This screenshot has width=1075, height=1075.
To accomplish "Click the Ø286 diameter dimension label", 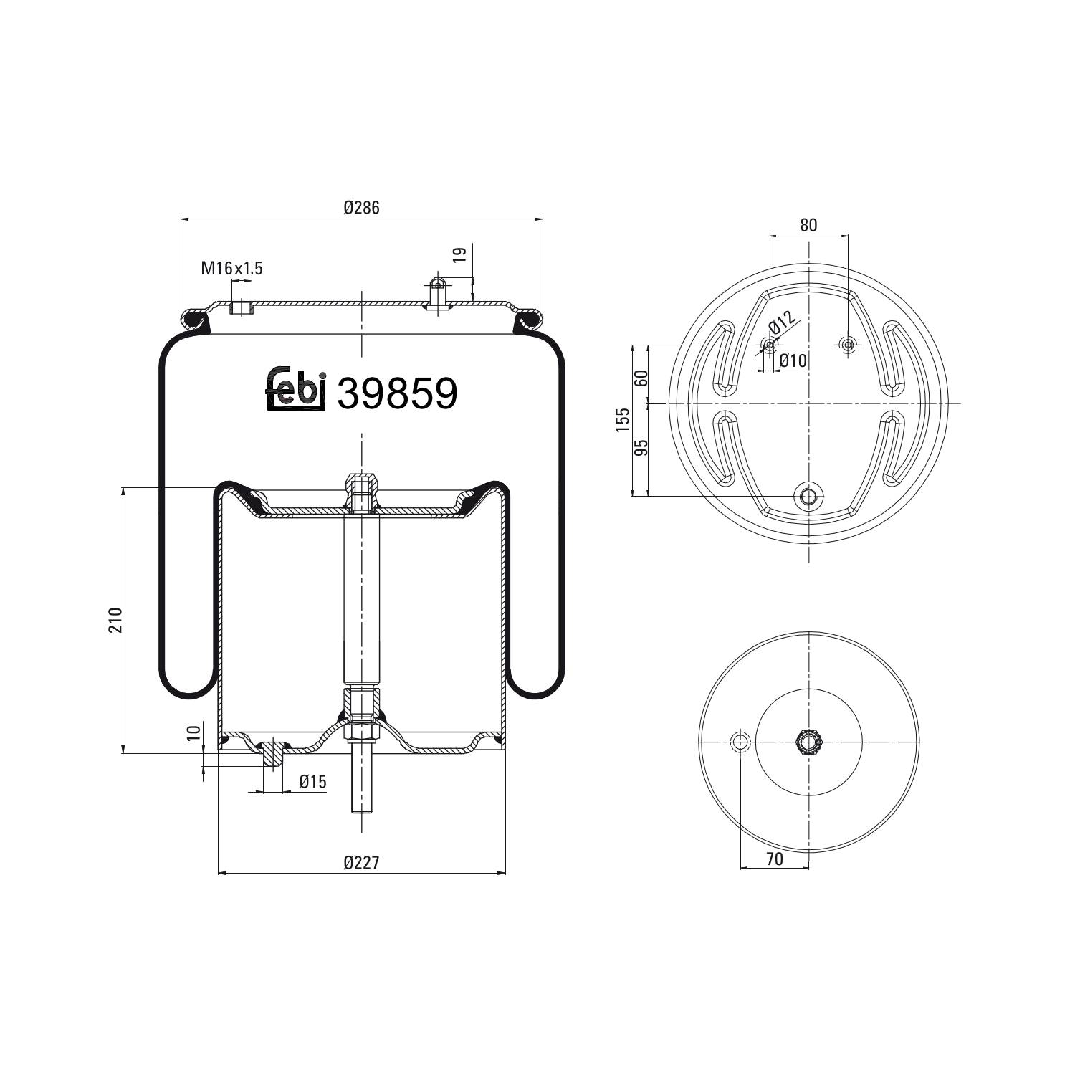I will (x=360, y=208).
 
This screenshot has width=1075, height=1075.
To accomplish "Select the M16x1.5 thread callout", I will (x=231, y=269).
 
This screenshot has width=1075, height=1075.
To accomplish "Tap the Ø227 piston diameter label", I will (x=360, y=862).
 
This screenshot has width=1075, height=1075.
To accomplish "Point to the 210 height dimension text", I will (x=116, y=620).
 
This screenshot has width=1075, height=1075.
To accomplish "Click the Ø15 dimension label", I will (x=312, y=782).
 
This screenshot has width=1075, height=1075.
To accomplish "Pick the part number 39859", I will (x=396, y=393).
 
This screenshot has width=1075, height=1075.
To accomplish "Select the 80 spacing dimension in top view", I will (x=808, y=225).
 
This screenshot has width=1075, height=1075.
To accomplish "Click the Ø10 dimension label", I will (x=793, y=361).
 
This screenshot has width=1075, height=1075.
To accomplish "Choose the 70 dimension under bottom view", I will (x=775, y=859).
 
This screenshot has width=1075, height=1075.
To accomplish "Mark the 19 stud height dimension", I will (x=460, y=255).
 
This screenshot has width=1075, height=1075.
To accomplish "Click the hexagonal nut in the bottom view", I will (x=808, y=741).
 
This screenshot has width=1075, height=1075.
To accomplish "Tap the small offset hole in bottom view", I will (x=739, y=741).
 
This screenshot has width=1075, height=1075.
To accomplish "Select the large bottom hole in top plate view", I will (x=808, y=495).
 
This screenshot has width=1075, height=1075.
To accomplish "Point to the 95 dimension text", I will (x=642, y=448).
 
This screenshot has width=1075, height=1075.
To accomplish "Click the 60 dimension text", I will (x=642, y=377).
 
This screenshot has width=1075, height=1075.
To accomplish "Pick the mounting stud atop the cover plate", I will (x=437, y=290).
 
